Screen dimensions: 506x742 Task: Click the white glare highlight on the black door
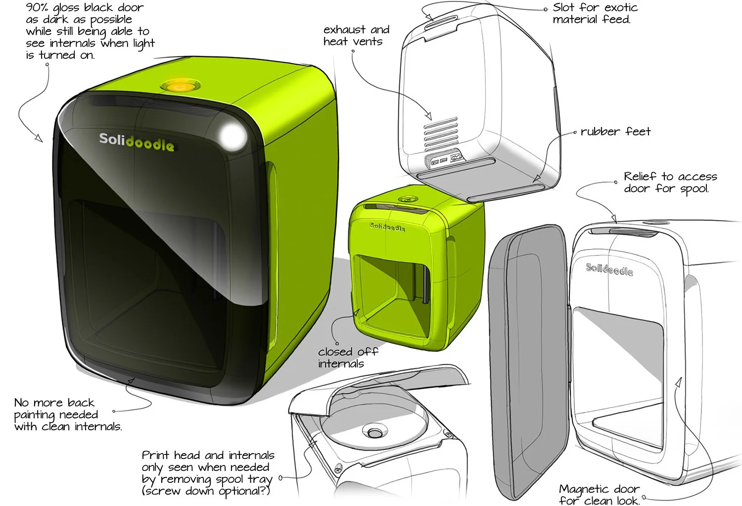coord(231,135)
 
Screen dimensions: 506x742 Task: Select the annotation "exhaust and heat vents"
coord(356,36)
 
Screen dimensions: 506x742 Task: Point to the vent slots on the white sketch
coord(441,134)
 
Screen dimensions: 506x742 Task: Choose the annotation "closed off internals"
coord(347,357)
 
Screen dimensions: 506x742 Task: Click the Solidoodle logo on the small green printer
coord(387,227)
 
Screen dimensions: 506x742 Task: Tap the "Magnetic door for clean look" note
coord(599,495)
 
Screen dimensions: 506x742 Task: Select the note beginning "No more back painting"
coord(67,414)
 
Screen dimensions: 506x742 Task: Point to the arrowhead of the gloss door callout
coord(39,138)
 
